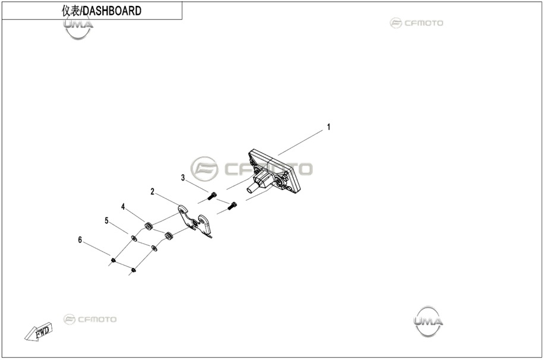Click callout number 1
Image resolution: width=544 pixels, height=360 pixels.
[329, 127]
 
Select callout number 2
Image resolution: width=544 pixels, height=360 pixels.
[152, 191]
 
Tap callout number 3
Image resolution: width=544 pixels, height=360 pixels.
[183, 178]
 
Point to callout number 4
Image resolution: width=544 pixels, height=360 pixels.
[123, 207]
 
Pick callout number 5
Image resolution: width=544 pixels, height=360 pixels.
[106, 220]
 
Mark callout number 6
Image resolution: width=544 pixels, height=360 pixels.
[80, 239]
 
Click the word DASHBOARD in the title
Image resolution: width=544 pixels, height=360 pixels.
[112, 11]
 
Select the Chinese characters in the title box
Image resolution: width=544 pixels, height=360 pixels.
[71, 11]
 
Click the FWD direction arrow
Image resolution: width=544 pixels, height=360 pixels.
[39, 332]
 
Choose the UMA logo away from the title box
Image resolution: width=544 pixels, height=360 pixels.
[429, 321]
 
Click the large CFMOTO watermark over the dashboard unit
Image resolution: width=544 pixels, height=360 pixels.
[251, 169]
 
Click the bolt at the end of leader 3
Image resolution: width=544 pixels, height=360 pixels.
[212, 196]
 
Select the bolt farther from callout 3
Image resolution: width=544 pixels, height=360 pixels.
[232, 206]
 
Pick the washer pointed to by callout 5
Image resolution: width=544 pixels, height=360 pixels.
[133, 238]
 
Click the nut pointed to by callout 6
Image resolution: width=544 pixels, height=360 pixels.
[113, 260]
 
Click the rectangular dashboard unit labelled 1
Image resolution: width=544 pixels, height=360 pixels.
[274, 171]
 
